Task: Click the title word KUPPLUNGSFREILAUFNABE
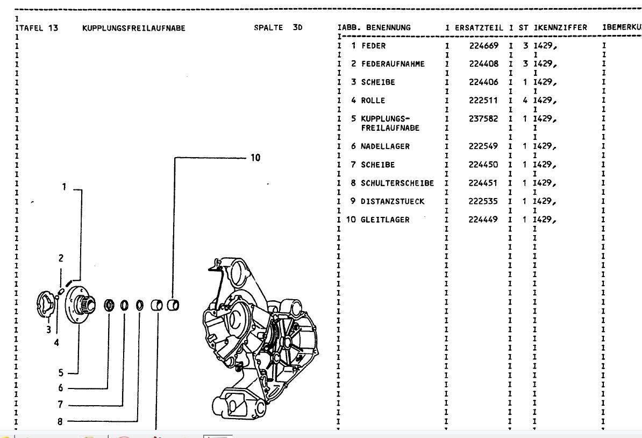pyautogui.click(x=133, y=29)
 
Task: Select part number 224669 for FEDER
pyautogui.click(x=483, y=46)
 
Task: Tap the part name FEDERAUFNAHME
pyautogui.click(x=393, y=64)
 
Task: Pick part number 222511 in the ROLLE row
pyautogui.click(x=483, y=101)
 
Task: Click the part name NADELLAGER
pyautogui.click(x=385, y=146)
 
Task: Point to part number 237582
pyautogui.click(x=483, y=119)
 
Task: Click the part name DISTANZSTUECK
pyautogui.click(x=393, y=201)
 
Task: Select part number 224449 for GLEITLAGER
pyautogui.click(x=483, y=220)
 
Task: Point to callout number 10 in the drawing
pyautogui.click(x=255, y=158)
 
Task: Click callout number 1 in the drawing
pyautogui.click(x=63, y=187)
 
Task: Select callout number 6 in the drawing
pyautogui.click(x=61, y=387)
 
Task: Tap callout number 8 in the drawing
pyautogui.click(x=61, y=422)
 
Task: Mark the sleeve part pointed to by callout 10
pyautogui.click(x=174, y=305)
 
